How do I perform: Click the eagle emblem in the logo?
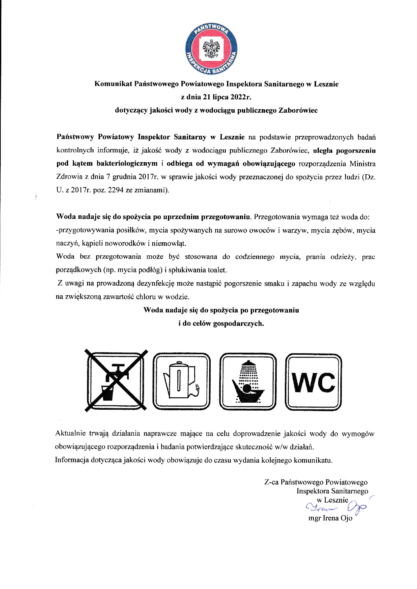coord(211,48)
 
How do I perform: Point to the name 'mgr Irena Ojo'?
coord(330,518)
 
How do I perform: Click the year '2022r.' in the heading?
coord(240,97)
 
